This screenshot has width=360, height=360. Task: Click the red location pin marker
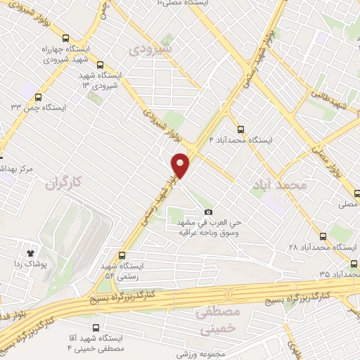tap(181, 165)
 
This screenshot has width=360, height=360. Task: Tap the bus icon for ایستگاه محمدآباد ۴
tap(241, 129)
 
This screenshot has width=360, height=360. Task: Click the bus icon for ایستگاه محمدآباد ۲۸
tap(323, 236)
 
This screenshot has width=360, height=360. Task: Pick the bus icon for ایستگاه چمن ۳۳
tap(40, 96)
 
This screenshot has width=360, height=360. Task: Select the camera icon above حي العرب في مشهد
tap(208, 212)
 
